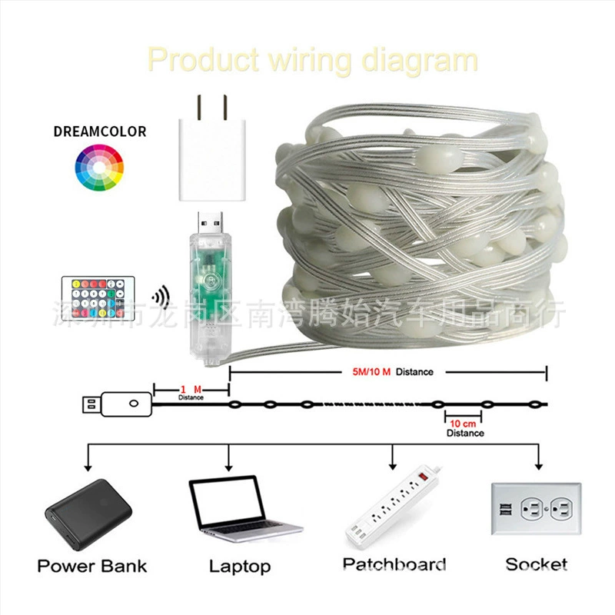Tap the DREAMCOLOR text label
point(100,131)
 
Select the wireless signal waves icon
point(161,296)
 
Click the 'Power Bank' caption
point(91,567)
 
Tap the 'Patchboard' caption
point(394,565)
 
